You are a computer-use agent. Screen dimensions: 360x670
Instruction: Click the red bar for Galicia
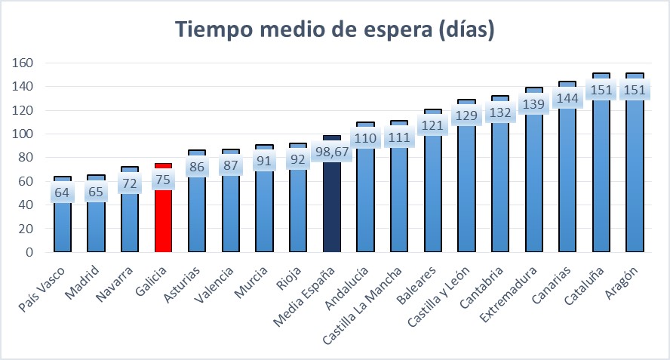tap(163, 219)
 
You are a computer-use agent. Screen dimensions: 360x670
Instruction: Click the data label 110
tap(365, 138)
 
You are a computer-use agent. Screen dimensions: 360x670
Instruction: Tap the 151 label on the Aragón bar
tap(635, 91)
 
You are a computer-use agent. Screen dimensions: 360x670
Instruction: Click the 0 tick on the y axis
tap(29, 252)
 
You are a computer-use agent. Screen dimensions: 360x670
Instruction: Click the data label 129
tap(466, 115)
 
